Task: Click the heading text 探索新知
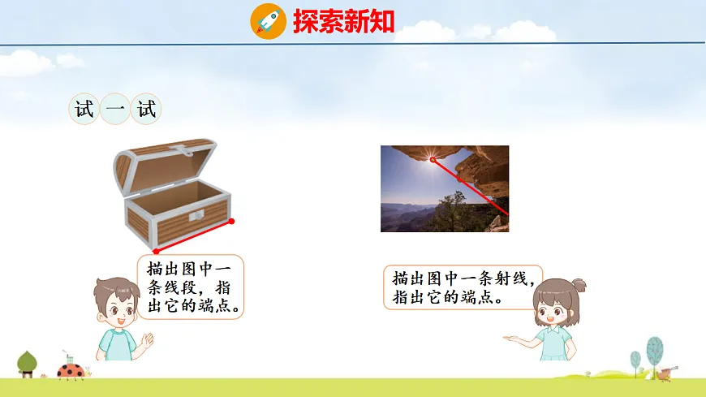(x=343, y=21)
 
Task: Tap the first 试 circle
(x=84, y=110)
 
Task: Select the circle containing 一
(x=115, y=110)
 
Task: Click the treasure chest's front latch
(x=196, y=215)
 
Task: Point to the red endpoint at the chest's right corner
(x=231, y=221)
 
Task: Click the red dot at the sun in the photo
(x=433, y=160)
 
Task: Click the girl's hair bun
(x=578, y=285)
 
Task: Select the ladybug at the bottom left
(x=71, y=370)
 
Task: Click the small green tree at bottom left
(x=27, y=362)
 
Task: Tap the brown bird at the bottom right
(x=667, y=373)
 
